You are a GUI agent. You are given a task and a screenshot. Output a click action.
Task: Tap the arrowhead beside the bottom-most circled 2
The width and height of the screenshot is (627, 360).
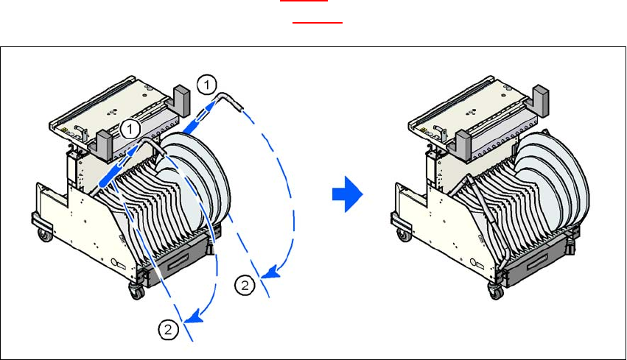[193, 318]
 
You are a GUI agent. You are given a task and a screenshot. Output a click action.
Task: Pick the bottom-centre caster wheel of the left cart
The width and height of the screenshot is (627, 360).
[136, 292]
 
